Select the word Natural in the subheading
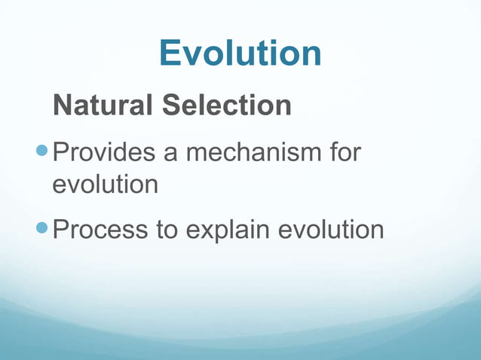pyautogui.click(x=103, y=105)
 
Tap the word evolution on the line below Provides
pyautogui.click(x=106, y=184)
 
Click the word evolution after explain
pyautogui.click(x=332, y=230)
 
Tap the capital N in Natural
pyautogui.click(x=63, y=105)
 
